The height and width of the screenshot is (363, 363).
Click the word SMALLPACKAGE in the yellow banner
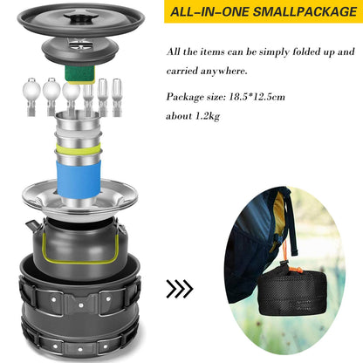305,11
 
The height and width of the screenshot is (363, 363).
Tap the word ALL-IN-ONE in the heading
209,11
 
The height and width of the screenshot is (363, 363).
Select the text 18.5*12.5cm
257,96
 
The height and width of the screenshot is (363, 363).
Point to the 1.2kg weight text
207,116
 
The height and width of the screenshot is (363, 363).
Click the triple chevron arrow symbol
180,289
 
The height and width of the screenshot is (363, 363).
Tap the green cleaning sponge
79,74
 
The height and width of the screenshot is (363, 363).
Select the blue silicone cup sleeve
79,180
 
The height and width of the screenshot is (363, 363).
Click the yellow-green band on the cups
79,148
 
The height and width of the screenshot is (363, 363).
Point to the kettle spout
31,225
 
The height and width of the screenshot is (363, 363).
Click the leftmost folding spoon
31,97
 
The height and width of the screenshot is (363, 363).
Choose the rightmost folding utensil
117,97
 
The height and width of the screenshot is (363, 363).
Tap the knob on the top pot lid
81,17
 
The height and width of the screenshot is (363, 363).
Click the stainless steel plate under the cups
80,199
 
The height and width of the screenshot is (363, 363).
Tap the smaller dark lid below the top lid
80,51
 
